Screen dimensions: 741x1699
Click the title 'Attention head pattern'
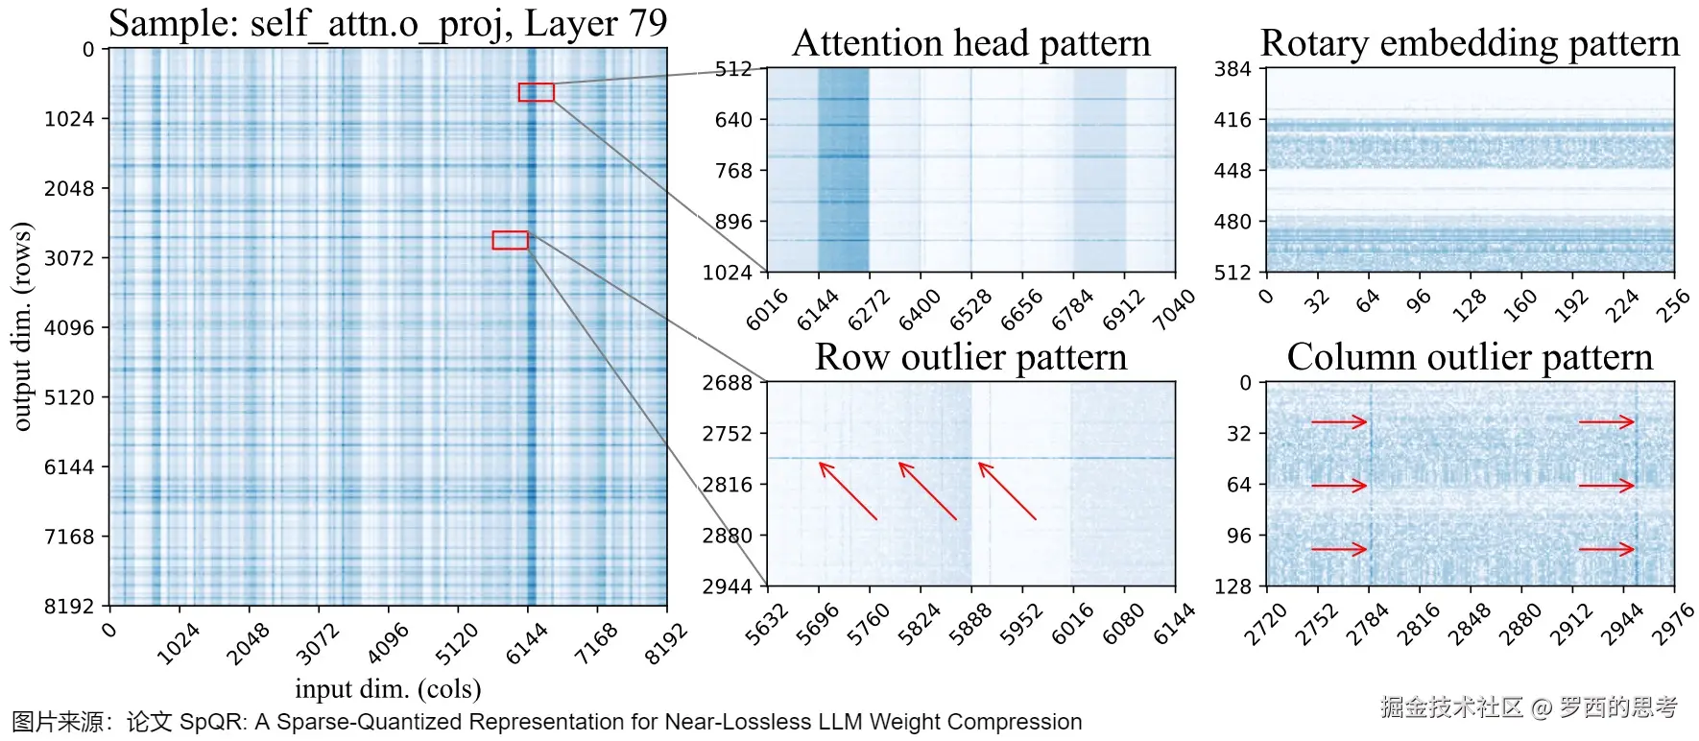(x=970, y=43)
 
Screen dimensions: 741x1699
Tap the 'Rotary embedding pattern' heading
(x=1470, y=43)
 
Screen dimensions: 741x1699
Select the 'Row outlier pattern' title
(x=970, y=357)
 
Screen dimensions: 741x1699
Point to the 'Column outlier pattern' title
(x=1470, y=357)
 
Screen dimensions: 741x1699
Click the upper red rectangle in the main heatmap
(x=537, y=92)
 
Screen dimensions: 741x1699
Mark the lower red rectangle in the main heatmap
(x=510, y=240)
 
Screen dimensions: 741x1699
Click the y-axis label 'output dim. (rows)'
(x=21, y=326)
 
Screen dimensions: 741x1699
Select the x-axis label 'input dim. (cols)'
(x=388, y=688)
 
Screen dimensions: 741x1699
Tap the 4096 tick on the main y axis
(x=69, y=327)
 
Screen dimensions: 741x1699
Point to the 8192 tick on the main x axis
(x=665, y=643)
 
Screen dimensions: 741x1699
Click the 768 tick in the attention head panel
(x=733, y=171)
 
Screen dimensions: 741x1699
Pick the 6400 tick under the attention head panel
(x=920, y=309)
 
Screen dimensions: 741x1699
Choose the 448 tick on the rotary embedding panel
(x=1232, y=171)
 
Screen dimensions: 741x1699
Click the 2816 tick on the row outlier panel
(x=727, y=485)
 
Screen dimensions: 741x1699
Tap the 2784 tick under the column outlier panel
(x=1367, y=624)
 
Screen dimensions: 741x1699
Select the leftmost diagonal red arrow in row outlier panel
(x=848, y=491)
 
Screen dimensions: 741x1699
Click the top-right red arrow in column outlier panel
(x=1607, y=421)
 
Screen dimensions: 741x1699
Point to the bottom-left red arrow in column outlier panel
(x=1339, y=549)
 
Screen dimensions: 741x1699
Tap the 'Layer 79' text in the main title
(x=595, y=23)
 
